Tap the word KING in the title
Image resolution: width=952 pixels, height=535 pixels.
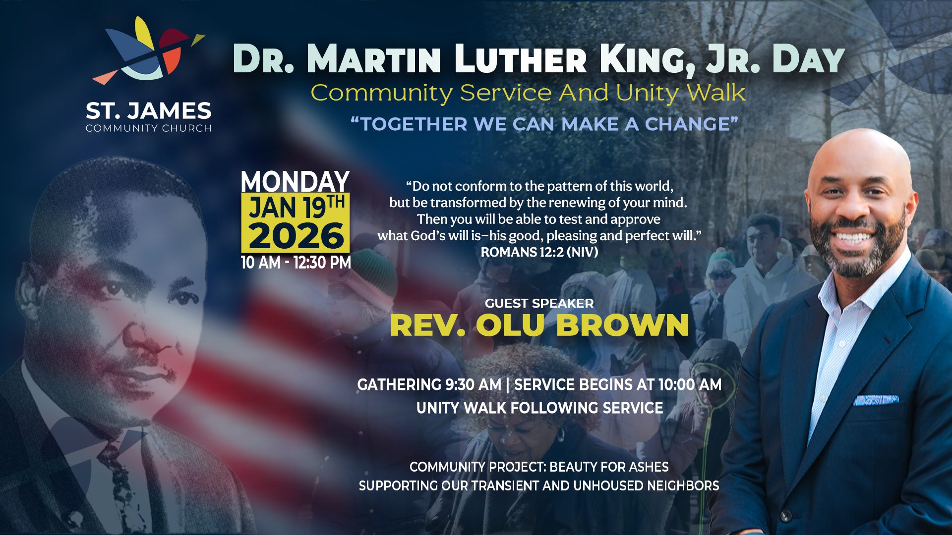coord(647,59)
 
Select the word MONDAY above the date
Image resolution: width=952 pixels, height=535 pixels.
coord(296,181)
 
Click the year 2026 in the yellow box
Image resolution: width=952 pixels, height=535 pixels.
coord(296,236)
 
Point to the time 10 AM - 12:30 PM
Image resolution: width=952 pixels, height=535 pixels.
coord(296,262)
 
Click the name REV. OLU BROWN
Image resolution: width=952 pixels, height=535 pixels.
coord(539,325)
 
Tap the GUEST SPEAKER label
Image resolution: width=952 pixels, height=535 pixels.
coord(539,303)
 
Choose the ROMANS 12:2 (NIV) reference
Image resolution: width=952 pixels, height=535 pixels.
coord(539,252)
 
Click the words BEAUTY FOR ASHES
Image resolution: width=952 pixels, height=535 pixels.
coord(609,467)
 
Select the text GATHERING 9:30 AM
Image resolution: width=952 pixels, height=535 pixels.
coord(429,384)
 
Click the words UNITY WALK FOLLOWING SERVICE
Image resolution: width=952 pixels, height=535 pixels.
coord(539,408)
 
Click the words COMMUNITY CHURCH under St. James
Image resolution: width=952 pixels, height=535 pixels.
coord(149,128)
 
